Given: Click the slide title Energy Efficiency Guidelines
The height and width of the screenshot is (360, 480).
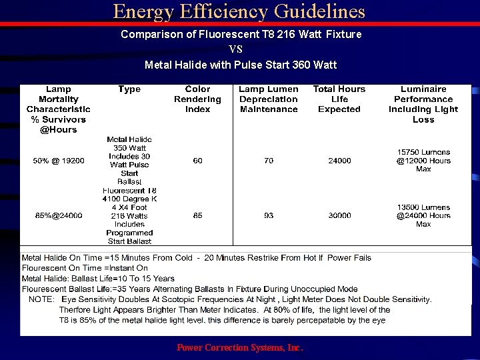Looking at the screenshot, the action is pos(239,11).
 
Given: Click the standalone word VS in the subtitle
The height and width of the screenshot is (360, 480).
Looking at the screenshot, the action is pos(236,49).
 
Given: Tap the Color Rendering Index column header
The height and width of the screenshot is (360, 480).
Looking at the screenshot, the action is pos(197,99).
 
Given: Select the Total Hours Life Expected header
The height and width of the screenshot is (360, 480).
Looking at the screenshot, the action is pos(339,99).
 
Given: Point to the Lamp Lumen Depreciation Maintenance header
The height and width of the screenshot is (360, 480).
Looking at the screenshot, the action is pos(269,99).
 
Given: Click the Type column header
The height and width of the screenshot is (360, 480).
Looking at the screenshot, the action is pos(129,89).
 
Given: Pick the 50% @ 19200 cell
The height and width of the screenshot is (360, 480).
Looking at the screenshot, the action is pos(59,161).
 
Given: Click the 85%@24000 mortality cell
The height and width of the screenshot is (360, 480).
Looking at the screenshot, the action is pos(59,215).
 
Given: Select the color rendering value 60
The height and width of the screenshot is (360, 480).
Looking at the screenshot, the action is pos(198,161).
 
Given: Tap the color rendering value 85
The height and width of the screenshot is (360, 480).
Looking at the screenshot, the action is pos(198,215).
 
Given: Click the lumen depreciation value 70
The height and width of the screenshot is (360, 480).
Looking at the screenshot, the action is pos(269,161).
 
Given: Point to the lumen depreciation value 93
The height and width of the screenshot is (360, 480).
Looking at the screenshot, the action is pos(269,215).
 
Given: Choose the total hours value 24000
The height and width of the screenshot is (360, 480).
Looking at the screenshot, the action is pos(339,161).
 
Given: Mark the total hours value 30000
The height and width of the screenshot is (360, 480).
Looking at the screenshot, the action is pos(339,215).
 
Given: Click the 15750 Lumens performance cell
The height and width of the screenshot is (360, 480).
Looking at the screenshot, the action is pos(423,161).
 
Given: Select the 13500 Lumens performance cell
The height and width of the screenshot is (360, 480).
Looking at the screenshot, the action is pos(423,215).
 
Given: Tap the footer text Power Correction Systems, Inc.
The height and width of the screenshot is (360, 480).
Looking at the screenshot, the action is pos(240,347).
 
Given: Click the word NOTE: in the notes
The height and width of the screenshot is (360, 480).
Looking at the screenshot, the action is pos(41,299).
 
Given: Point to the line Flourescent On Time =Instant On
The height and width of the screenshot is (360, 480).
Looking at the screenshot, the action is pos(85,268).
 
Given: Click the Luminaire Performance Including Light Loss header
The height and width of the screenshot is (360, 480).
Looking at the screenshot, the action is pos(423,105).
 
